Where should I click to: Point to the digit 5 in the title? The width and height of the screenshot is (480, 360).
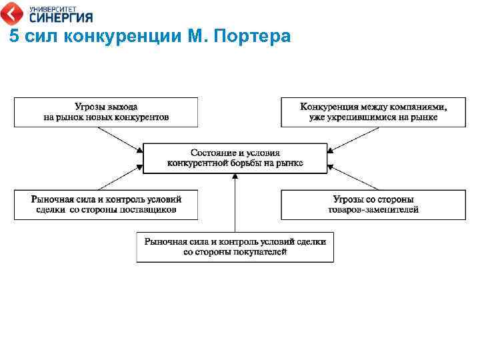point(13,37)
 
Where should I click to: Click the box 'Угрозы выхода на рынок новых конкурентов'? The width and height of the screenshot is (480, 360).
point(106,112)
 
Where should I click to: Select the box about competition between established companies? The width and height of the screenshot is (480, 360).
point(373,112)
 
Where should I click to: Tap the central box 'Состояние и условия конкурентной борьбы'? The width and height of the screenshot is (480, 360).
point(235,158)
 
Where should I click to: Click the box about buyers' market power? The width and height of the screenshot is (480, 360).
point(235,247)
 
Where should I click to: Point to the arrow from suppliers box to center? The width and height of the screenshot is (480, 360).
point(120,179)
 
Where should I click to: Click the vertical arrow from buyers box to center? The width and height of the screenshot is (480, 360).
point(235,203)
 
